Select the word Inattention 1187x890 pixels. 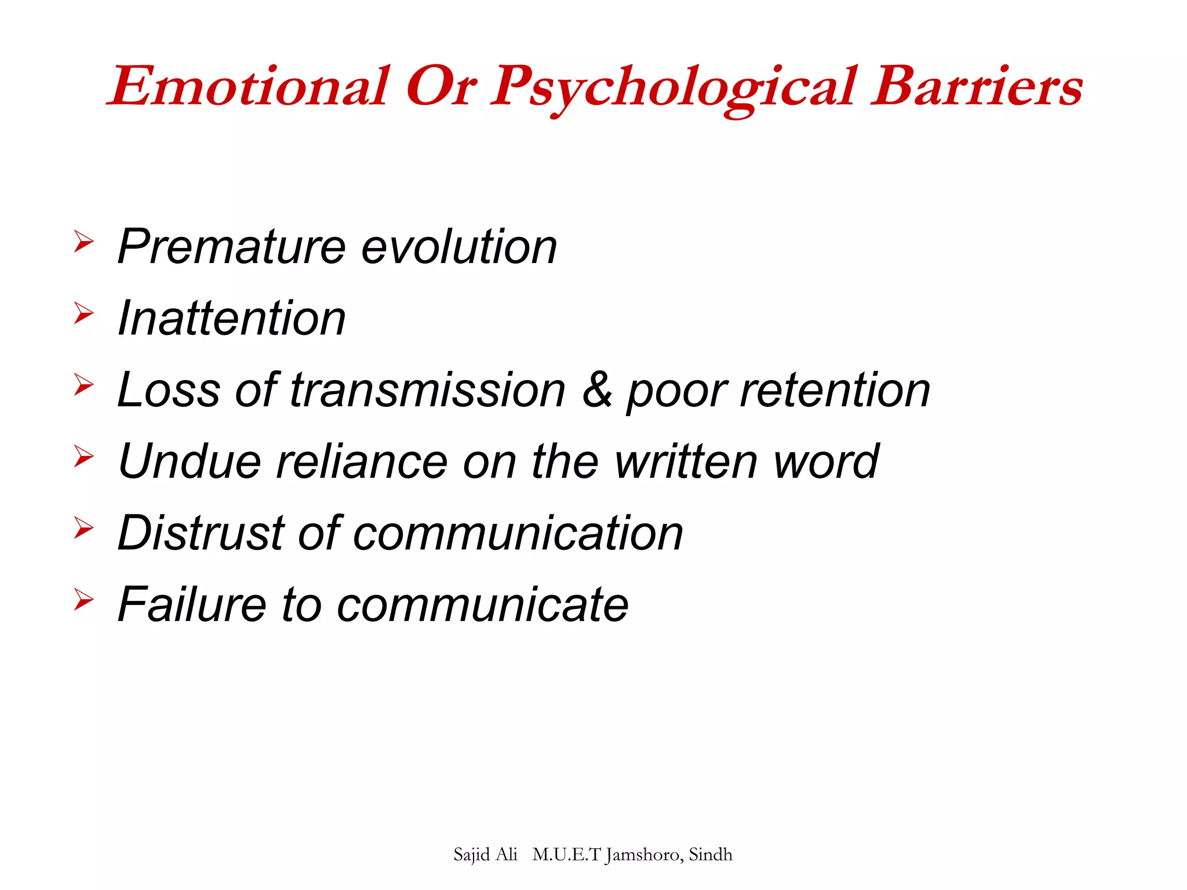tap(232, 318)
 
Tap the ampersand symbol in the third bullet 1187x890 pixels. tap(597, 390)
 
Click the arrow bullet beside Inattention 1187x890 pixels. tap(83, 313)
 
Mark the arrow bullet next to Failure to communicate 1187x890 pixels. tap(83, 600)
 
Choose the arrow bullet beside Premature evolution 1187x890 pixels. tap(83, 241)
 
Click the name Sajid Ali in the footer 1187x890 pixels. tap(485, 855)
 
